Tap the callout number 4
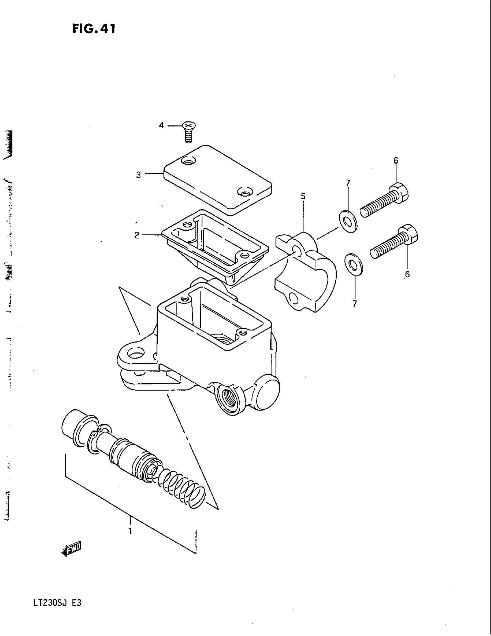tap(161, 125)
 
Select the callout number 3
tap(138, 175)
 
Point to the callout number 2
tap(137, 235)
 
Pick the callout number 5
tap(303, 196)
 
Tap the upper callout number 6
tap(396, 160)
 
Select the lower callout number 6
tap(407, 274)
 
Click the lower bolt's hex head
tap(410, 234)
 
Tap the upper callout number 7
tap(348, 183)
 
